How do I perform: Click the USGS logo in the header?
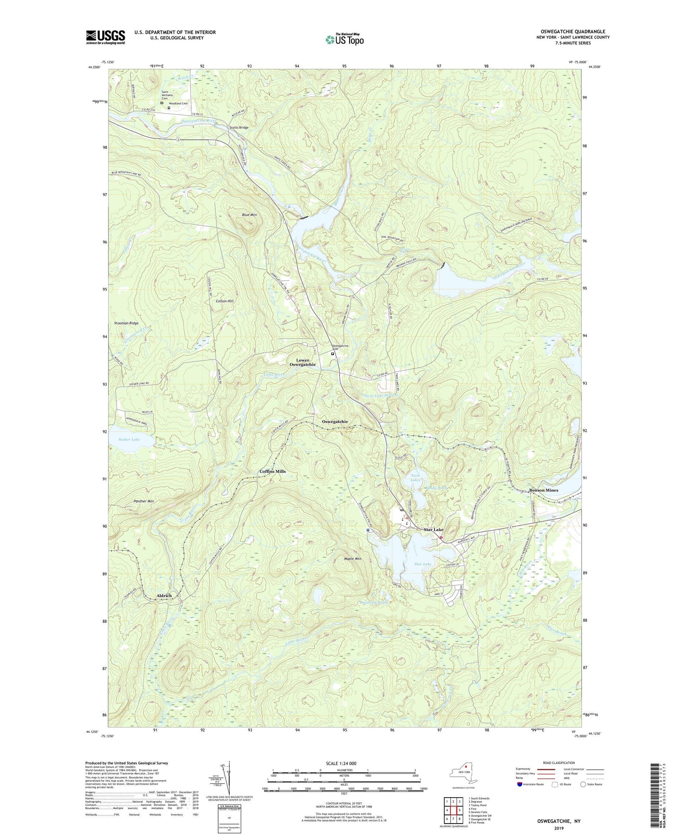coord(106,37)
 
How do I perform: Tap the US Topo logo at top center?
coord(344,39)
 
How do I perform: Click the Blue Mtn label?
coord(249,215)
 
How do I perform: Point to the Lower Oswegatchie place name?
coord(303,362)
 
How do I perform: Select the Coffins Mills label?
coord(272,471)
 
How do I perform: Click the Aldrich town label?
coord(164,596)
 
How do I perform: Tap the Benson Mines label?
coord(543,490)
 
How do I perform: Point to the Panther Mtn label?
coord(144,501)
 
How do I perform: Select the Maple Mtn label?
coord(352,559)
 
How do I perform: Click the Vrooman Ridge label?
coord(126,323)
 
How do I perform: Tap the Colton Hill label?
coord(224,301)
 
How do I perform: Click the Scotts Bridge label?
coord(239,128)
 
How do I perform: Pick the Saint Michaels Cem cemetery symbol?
coord(162,103)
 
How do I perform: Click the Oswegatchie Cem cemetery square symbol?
coord(332,354)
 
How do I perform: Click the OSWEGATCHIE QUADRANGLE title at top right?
coord(573,32)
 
